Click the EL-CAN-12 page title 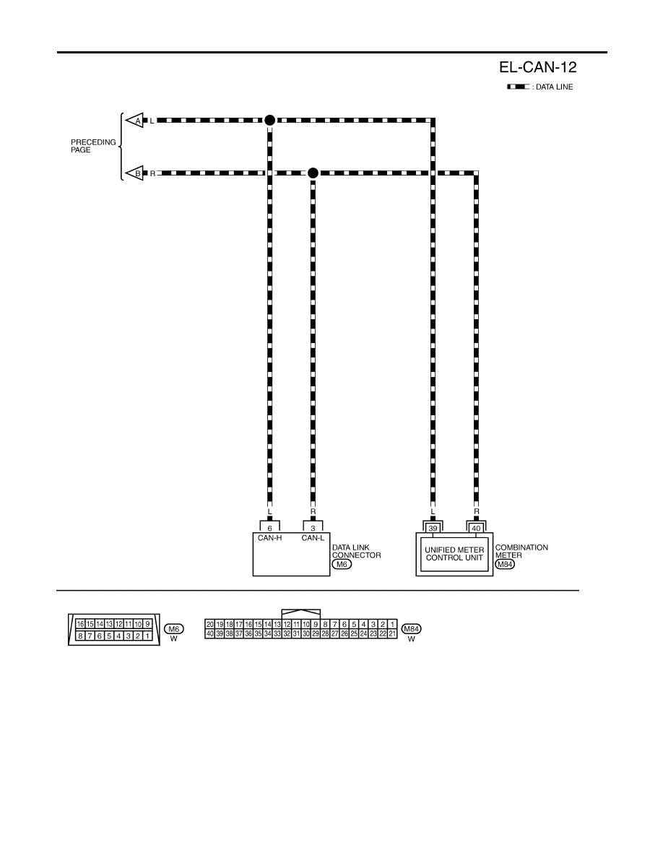point(538,67)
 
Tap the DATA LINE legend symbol point(518,87)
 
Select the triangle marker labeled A point(134,121)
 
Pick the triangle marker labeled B point(134,173)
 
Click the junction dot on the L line point(269,121)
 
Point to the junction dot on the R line point(313,173)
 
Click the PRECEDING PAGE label point(93,146)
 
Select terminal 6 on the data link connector point(269,528)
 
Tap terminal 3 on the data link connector point(313,528)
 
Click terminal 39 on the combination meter point(433,528)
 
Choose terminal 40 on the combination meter point(476,528)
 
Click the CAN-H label point(269,538)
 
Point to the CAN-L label point(313,538)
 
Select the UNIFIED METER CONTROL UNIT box point(454,554)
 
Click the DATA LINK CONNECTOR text point(356,551)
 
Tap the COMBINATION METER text point(521,551)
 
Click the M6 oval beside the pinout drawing point(174,629)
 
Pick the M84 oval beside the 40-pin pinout point(412,629)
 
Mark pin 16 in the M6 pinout point(80,624)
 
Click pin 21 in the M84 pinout point(392,633)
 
